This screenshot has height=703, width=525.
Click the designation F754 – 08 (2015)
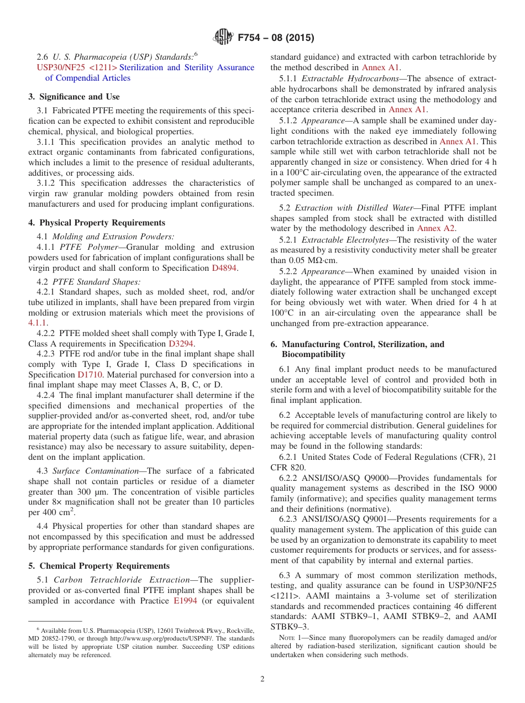tap(275, 38)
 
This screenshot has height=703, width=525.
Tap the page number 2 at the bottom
tap(262, 679)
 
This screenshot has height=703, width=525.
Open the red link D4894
tap(224, 268)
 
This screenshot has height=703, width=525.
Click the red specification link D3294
tap(181, 343)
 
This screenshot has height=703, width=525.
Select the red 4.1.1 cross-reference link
tap(38, 322)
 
